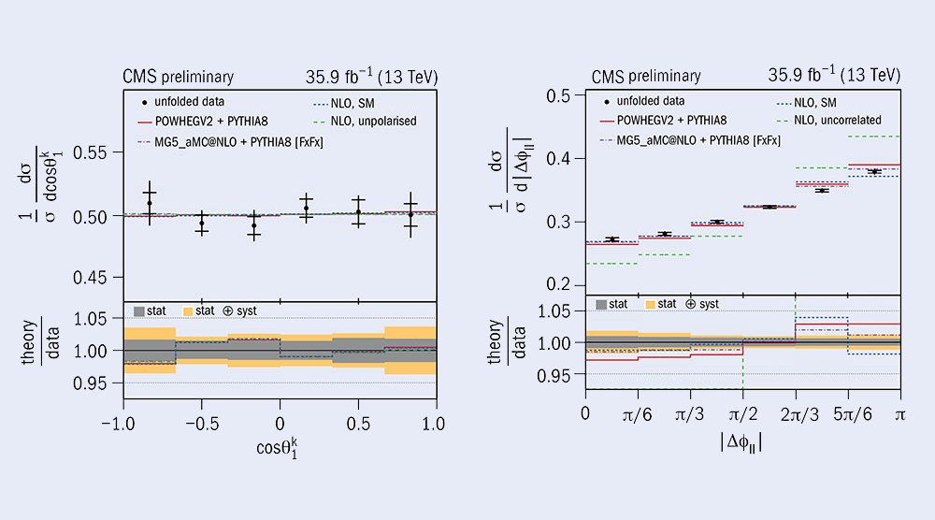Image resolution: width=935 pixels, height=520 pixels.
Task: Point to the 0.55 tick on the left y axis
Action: click(x=94, y=152)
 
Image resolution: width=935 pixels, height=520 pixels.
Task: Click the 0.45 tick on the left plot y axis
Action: click(x=94, y=277)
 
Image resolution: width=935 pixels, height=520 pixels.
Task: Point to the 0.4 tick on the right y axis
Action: click(x=559, y=159)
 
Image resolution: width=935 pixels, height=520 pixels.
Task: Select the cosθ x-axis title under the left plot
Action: click(x=277, y=446)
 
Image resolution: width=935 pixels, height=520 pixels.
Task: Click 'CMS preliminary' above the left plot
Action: click(x=178, y=77)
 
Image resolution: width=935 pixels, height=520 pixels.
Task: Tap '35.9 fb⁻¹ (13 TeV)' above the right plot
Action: click(x=834, y=76)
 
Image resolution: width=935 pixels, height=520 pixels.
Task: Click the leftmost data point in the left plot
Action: click(x=150, y=203)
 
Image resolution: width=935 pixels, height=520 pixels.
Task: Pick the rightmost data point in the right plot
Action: click(x=874, y=171)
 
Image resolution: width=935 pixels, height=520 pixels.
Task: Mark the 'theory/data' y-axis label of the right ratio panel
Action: click(x=503, y=344)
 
